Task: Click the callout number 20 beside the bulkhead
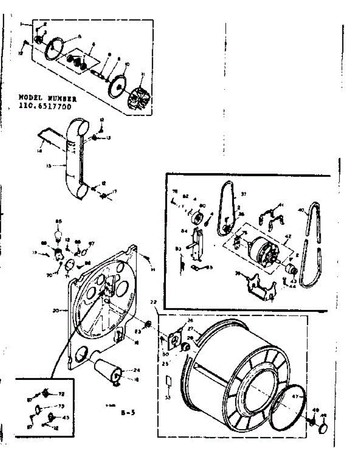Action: click(x=56, y=311)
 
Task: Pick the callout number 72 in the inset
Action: click(x=61, y=394)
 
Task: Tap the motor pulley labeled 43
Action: click(x=291, y=269)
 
